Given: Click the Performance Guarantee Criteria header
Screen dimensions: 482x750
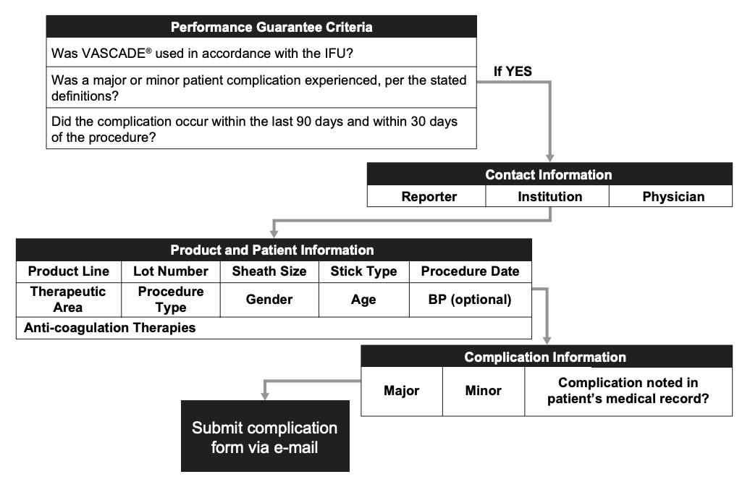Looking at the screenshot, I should click(x=261, y=28).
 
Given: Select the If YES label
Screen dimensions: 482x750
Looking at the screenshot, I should click(x=513, y=71).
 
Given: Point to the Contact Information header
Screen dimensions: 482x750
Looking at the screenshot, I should click(x=548, y=174).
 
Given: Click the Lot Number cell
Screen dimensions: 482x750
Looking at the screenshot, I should click(x=171, y=271).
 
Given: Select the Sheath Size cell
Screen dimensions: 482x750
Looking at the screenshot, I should click(x=269, y=271).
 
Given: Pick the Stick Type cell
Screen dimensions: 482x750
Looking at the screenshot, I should click(x=363, y=271).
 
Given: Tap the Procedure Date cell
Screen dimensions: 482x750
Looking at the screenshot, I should click(x=470, y=271).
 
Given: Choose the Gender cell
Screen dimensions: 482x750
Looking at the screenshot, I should click(x=269, y=300).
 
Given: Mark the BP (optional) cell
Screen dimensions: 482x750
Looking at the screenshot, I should click(x=470, y=300).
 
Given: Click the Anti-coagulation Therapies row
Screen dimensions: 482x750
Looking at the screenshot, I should click(x=109, y=328).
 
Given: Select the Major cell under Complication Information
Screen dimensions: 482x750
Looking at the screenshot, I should click(x=401, y=390).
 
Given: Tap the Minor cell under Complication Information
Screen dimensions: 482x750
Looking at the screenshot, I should click(x=483, y=390).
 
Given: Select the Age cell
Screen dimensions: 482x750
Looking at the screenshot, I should click(x=363, y=300).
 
